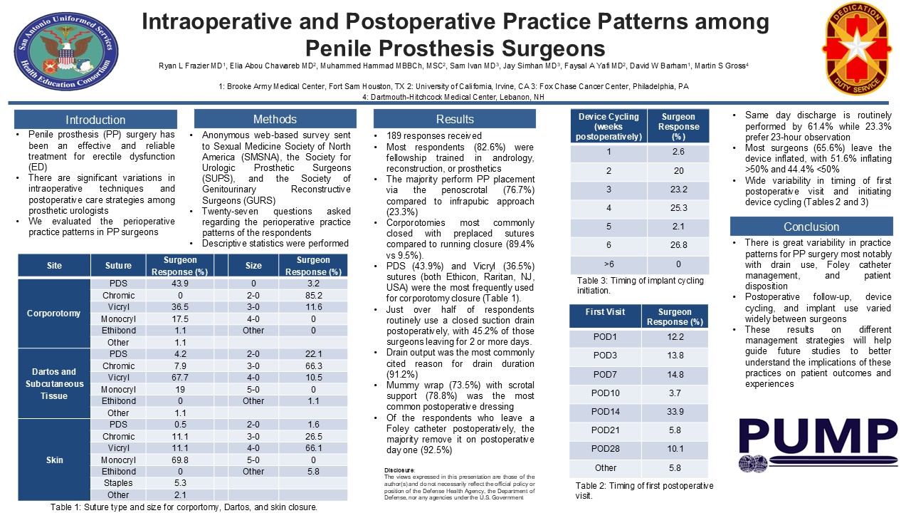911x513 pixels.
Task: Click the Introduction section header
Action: (95, 120)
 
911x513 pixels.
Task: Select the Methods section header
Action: (275, 119)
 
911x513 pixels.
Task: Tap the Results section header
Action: (455, 119)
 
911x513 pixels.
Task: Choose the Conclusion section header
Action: (811, 227)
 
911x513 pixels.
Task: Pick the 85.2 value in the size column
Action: (314, 296)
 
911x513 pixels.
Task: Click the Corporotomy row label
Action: (54, 313)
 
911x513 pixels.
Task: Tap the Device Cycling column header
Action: (609, 127)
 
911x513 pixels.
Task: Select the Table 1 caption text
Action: (184, 507)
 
